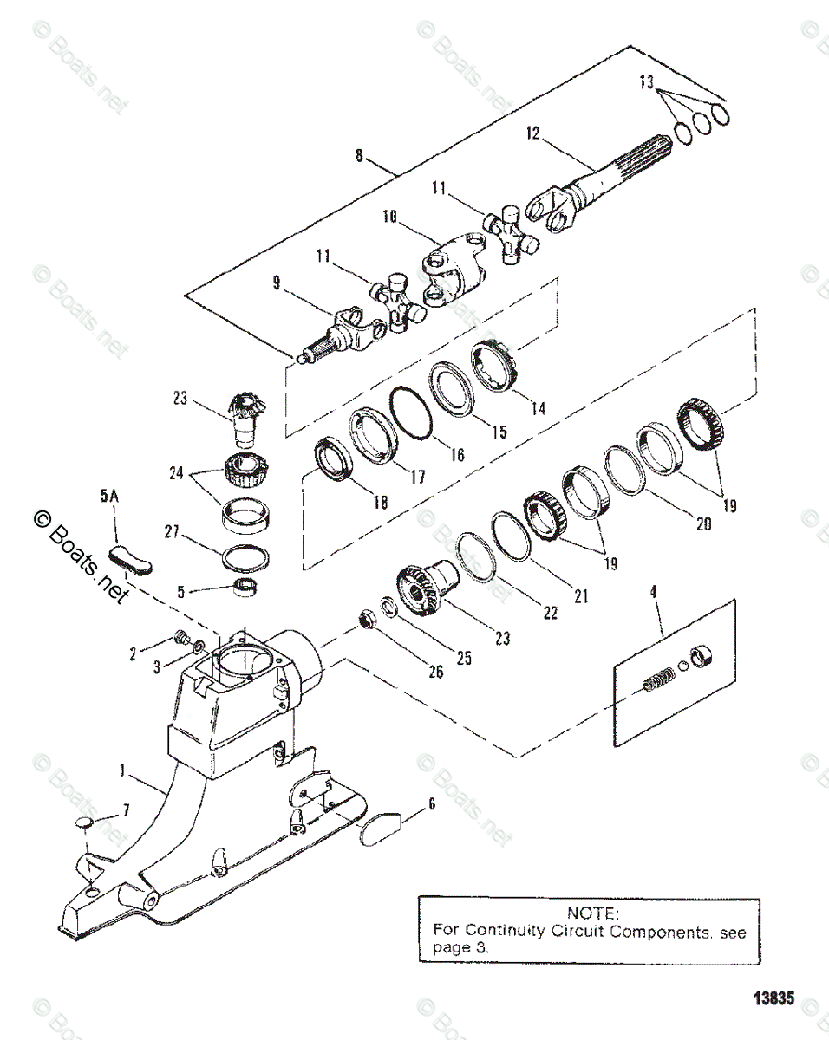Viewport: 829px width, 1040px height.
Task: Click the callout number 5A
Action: coord(109,497)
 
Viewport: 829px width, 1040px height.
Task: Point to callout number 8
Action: coord(359,156)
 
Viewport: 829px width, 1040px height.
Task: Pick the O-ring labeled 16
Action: coord(411,413)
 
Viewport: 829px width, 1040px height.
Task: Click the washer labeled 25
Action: coord(389,606)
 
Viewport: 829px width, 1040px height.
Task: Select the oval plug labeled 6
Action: coord(381,829)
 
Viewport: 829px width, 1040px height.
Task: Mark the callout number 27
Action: coord(171,532)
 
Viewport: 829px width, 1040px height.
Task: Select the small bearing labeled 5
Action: coord(245,588)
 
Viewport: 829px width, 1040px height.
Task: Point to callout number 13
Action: coord(646,82)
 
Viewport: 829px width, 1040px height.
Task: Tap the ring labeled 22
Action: coord(476,556)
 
